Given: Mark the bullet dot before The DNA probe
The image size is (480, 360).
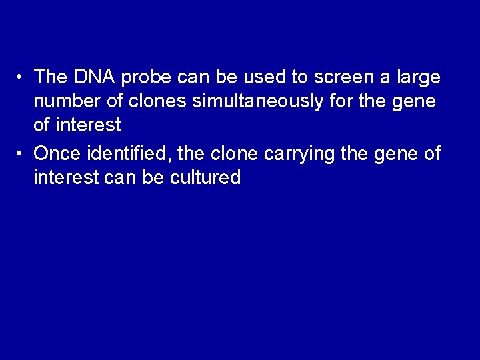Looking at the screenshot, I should (x=23, y=77).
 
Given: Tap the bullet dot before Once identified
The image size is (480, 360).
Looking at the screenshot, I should (x=23, y=153).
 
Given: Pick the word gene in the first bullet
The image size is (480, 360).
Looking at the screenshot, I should (x=415, y=103).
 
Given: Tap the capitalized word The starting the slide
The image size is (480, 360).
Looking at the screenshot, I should (x=49, y=77).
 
